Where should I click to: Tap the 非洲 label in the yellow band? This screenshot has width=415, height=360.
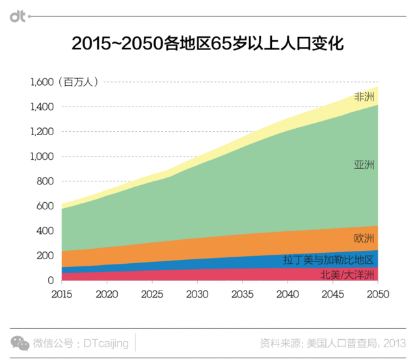tap(364, 97)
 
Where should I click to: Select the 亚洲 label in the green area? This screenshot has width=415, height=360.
tap(364, 165)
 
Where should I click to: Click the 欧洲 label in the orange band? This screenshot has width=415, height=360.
tap(364, 237)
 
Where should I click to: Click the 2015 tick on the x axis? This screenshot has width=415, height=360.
tap(62, 293)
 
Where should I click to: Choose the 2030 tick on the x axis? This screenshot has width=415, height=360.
tap(197, 293)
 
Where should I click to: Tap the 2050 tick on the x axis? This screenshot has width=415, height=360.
tap(378, 293)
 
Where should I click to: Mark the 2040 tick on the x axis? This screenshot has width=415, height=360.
tap(288, 293)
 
